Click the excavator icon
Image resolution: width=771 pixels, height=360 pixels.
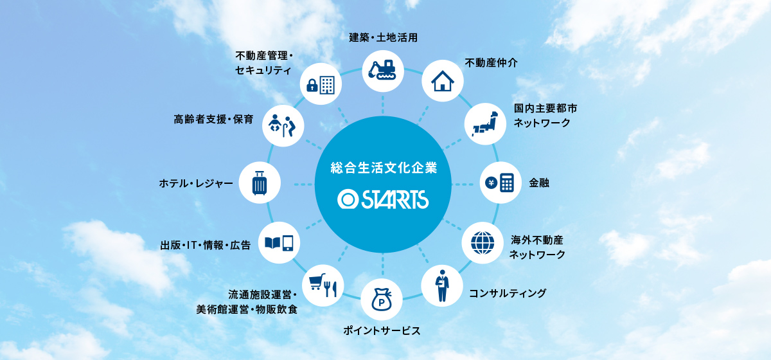382,70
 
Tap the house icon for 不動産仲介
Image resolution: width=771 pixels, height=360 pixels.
443,81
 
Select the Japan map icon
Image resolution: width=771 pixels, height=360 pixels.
485,123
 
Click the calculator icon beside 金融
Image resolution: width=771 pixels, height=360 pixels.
507,183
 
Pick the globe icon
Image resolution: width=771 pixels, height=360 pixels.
483,243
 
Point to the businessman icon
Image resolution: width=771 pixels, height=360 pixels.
442,285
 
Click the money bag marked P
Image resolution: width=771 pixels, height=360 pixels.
382,300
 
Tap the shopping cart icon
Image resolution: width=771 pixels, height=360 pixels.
317,282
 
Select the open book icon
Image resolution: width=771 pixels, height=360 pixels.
272,243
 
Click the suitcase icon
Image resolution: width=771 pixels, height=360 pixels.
260,183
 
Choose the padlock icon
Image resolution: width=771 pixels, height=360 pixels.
312,85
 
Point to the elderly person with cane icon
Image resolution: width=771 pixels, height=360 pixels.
290,126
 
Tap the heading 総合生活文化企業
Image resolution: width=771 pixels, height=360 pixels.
384,168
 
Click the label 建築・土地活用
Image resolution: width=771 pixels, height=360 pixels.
383,37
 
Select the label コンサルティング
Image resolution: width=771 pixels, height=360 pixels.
508,293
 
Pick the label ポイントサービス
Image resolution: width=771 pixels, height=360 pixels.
382,330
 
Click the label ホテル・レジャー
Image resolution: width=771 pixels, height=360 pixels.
196,183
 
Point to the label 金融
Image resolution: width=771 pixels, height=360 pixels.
539,183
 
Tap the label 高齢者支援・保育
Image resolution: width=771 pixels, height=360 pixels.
213,120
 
